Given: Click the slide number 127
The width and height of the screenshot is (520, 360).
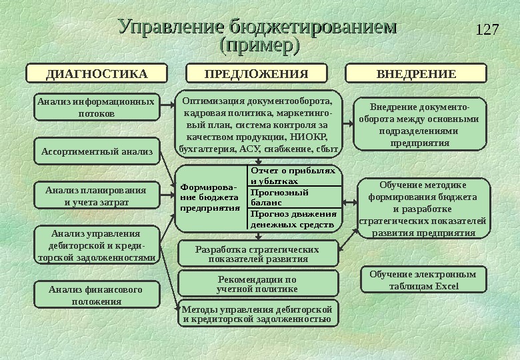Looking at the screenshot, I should pyautogui.click(x=489, y=30).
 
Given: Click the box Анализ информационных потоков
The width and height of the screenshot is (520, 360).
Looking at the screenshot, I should pyautogui.click(x=97, y=107).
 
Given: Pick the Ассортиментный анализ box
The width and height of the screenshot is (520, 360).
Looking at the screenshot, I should pyautogui.click(x=97, y=152).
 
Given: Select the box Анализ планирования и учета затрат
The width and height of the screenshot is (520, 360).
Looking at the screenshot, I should pyautogui.click(x=97, y=196).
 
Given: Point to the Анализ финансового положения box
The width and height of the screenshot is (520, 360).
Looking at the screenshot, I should pyautogui.click(x=97, y=295).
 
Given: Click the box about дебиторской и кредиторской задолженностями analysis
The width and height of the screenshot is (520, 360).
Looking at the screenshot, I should pyautogui.click(x=97, y=245).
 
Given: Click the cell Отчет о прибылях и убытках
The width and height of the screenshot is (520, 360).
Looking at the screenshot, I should pyautogui.click(x=293, y=175).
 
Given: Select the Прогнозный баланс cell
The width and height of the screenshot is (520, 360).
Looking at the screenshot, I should pyautogui.click(x=293, y=197).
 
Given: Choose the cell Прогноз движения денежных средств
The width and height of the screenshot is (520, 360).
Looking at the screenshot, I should pyautogui.click(x=293, y=219).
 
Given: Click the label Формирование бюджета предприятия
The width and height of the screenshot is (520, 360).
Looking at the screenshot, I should pyautogui.click(x=210, y=197).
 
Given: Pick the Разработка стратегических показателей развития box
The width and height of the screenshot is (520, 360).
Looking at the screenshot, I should pyautogui.click(x=257, y=253).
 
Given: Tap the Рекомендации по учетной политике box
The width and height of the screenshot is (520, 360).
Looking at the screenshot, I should pyautogui.click(x=257, y=284).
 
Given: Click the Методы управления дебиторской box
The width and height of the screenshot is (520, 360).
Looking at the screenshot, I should pyautogui.click(x=257, y=314).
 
